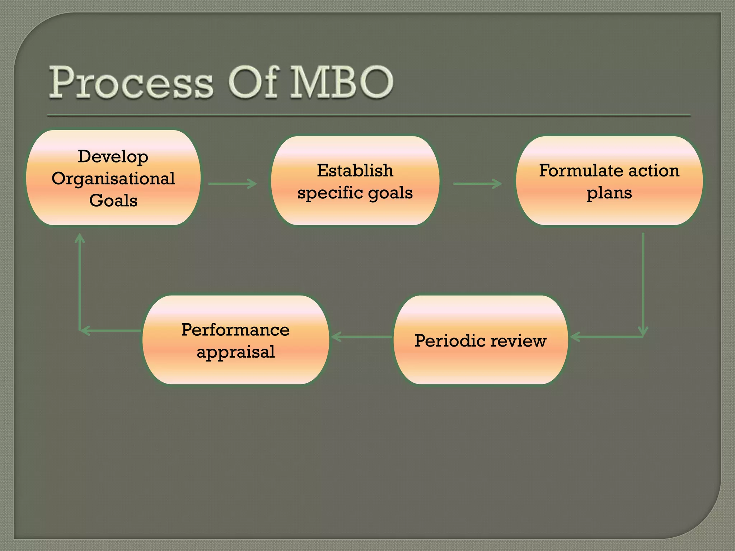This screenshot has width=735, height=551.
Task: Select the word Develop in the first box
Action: click(x=113, y=157)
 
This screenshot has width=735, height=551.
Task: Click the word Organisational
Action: click(x=113, y=179)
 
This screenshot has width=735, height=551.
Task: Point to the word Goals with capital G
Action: click(x=113, y=200)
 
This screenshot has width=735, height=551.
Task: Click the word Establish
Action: click(x=355, y=170)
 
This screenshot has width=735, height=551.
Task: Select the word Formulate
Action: click(x=581, y=170)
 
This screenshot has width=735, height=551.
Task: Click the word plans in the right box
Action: click(x=609, y=193)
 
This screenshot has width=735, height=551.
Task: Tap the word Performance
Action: click(x=235, y=330)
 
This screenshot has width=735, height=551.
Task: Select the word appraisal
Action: click(x=235, y=352)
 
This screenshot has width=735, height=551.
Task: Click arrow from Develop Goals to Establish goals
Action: click(x=233, y=184)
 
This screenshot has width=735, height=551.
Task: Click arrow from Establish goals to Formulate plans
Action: click(x=477, y=184)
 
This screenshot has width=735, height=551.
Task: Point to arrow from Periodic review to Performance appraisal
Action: click(x=361, y=337)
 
